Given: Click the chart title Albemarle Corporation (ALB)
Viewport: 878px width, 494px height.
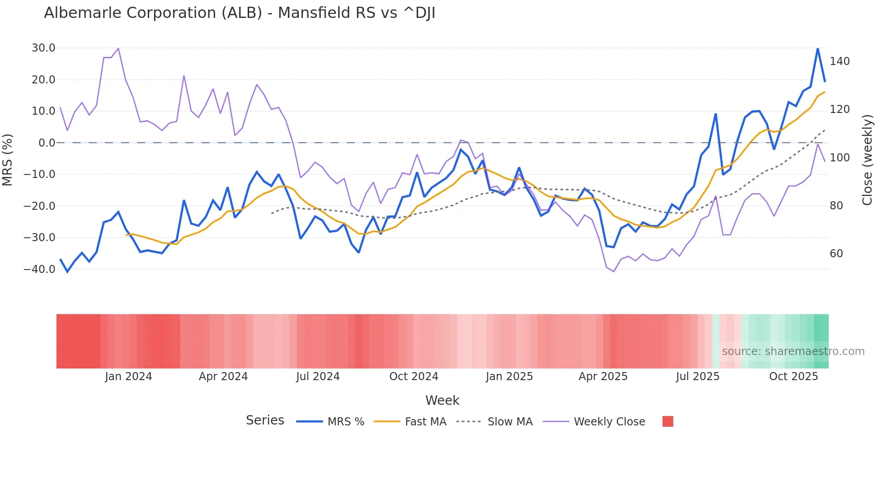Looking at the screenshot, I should (x=239, y=13).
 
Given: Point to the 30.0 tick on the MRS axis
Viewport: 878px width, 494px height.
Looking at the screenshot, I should (x=43, y=48).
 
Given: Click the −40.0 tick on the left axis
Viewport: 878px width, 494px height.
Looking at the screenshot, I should (x=39, y=269).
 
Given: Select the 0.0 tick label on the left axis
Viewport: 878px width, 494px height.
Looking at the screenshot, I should (x=47, y=143).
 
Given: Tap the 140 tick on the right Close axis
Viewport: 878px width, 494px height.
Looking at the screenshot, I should (x=839, y=61).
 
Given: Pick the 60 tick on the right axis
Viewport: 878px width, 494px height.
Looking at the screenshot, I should (x=836, y=254).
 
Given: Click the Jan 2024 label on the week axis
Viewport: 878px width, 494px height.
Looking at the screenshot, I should (x=129, y=377).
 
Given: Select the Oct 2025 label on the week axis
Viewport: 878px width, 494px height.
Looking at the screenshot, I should (x=793, y=377).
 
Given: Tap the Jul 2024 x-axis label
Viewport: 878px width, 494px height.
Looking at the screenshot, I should (x=318, y=377).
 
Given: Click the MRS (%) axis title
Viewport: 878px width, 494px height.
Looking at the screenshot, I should (x=8, y=160).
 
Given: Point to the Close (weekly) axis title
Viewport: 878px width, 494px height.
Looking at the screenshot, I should (x=868, y=160).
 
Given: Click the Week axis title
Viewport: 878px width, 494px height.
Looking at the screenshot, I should (x=442, y=400).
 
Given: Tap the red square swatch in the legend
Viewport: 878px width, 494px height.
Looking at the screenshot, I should (x=667, y=421).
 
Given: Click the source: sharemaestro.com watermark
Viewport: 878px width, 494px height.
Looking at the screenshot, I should (x=793, y=351).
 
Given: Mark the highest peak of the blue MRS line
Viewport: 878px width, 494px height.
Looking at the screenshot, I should (x=818, y=48).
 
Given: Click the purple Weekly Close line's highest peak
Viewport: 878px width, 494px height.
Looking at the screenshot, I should (x=118, y=48).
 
